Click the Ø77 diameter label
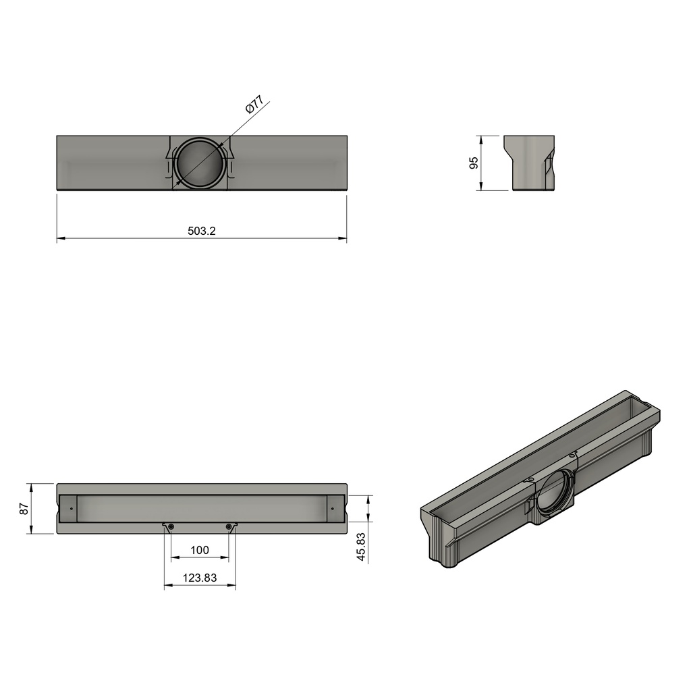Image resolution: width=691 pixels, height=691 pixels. [x=254, y=105]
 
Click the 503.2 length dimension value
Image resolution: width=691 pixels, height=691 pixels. [x=201, y=231]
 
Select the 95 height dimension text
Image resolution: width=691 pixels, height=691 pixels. [x=474, y=163]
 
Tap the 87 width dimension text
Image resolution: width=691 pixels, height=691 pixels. [x=24, y=509]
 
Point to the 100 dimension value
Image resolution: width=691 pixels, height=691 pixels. [x=200, y=550]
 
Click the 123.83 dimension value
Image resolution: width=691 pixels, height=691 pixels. [x=200, y=578]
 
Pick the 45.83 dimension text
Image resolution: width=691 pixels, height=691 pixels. [x=361, y=547]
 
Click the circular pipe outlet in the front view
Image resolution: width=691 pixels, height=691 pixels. [x=200, y=163]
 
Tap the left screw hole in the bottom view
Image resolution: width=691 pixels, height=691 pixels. [x=171, y=526]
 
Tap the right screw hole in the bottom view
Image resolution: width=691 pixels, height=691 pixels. [x=229, y=526]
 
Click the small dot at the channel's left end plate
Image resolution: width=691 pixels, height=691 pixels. [x=72, y=508]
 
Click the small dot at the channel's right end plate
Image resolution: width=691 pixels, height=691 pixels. [x=332, y=508]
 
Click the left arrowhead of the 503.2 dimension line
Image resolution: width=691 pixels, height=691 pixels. [x=60, y=238]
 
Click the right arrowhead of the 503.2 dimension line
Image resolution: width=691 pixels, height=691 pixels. [x=343, y=238]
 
